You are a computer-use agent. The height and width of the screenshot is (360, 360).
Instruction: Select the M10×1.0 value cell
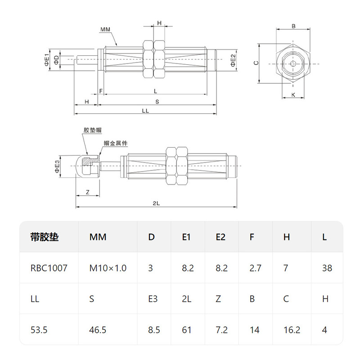[x=108, y=268]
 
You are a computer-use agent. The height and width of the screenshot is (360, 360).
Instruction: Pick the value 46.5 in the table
[x=98, y=330]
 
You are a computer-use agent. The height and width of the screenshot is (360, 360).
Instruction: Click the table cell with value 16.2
[x=292, y=330]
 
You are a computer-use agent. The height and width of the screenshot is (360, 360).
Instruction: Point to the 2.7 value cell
[x=255, y=268]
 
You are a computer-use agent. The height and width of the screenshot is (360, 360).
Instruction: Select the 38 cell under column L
[x=327, y=268]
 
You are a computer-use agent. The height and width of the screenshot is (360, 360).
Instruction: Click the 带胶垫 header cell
[x=45, y=237]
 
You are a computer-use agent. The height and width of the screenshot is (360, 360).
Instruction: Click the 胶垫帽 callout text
[x=92, y=130]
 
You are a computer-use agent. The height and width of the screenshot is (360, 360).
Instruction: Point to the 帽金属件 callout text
[x=116, y=143]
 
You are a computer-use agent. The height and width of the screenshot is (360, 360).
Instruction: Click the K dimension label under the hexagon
[x=293, y=94]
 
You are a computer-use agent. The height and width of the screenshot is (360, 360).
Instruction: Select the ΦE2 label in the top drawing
[x=233, y=60]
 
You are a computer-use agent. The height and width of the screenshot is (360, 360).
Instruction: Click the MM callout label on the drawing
[x=105, y=30]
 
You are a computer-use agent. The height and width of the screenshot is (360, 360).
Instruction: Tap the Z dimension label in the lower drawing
[x=88, y=192]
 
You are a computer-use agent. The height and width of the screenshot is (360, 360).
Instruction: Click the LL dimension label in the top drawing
[x=145, y=111]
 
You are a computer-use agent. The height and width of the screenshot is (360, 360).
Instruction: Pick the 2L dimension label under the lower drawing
[x=156, y=203]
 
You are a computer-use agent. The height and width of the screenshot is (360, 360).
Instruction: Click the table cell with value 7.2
[x=222, y=330]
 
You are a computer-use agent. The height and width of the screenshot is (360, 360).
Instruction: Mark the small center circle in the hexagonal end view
[x=293, y=63]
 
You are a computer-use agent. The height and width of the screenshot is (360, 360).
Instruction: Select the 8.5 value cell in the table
[x=154, y=330]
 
